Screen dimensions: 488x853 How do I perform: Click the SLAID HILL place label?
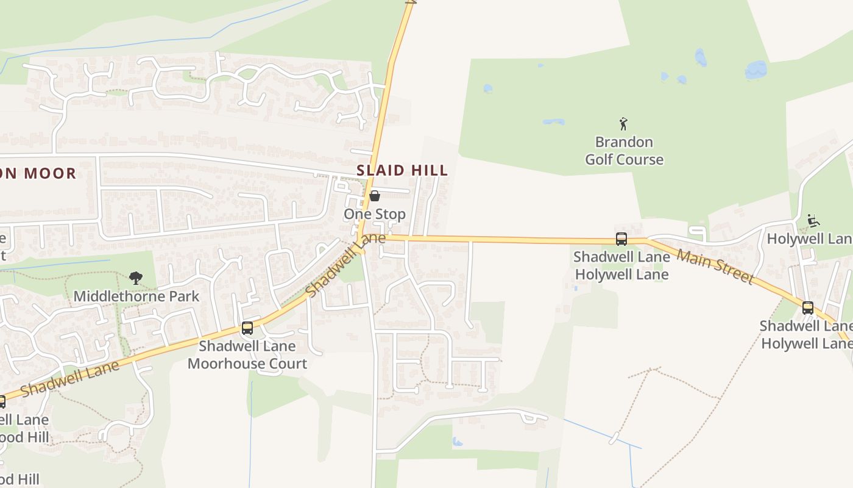click(x=402, y=170)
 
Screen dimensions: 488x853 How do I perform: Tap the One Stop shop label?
click(x=375, y=214)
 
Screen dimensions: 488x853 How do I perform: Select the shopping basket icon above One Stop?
click(x=375, y=196)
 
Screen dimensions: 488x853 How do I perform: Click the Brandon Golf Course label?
click(x=624, y=151)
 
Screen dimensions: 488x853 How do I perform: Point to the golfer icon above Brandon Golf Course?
click(x=623, y=124)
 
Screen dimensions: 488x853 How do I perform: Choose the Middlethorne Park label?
click(x=136, y=296)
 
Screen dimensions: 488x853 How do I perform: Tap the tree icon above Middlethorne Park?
click(x=136, y=279)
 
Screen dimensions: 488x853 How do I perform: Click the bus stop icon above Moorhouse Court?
click(x=247, y=328)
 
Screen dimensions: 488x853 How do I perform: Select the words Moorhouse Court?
click(x=247, y=364)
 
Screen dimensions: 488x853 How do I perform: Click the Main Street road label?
click(x=715, y=267)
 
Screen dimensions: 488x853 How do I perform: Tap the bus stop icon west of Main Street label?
click(x=621, y=239)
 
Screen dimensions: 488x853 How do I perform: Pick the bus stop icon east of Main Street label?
click(x=807, y=308)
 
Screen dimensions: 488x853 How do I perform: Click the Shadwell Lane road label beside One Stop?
click(x=345, y=265)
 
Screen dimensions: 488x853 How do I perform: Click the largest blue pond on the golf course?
click(x=756, y=70)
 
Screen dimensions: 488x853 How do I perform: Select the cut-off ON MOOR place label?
click(x=38, y=173)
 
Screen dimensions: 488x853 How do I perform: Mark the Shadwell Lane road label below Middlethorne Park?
click(x=69, y=379)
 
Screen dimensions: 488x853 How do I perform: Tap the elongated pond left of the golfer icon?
click(x=553, y=121)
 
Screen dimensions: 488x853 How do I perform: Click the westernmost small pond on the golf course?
click(x=487, y=88)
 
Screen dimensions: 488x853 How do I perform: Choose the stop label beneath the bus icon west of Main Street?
click(x=621, y=266)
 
